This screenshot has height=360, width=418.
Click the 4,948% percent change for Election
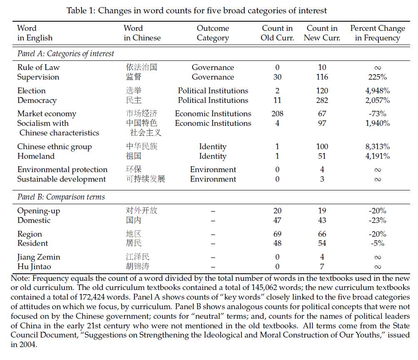coord(377,91)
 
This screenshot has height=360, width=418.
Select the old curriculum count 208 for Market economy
coord(277,114)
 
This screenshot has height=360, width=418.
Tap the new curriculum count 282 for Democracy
coord(322,100)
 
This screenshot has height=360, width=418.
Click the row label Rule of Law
coord(38,67)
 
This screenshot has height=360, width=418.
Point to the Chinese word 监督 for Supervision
coord(134,77)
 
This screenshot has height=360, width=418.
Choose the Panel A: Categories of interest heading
coord(65,54)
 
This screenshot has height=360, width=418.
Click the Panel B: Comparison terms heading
coord(61,197)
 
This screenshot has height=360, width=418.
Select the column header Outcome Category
coord(213,33)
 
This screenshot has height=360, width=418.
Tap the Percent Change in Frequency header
coord(377,33)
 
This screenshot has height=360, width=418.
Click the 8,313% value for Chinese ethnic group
coord(377,147)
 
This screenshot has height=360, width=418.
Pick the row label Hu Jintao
coord(35,267)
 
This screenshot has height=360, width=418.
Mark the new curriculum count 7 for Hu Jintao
coord(322,267)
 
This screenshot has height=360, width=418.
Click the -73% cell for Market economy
coord(377,114)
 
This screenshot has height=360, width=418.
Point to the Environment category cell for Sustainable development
coord(213,179)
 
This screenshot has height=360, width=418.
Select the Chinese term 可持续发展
coord(145,179)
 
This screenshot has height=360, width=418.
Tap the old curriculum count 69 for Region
coord(277,234)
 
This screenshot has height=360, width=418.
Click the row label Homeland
coord(36,156)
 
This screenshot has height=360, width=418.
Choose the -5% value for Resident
coord(377,243)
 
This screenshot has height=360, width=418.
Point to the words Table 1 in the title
coord(80,10)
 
